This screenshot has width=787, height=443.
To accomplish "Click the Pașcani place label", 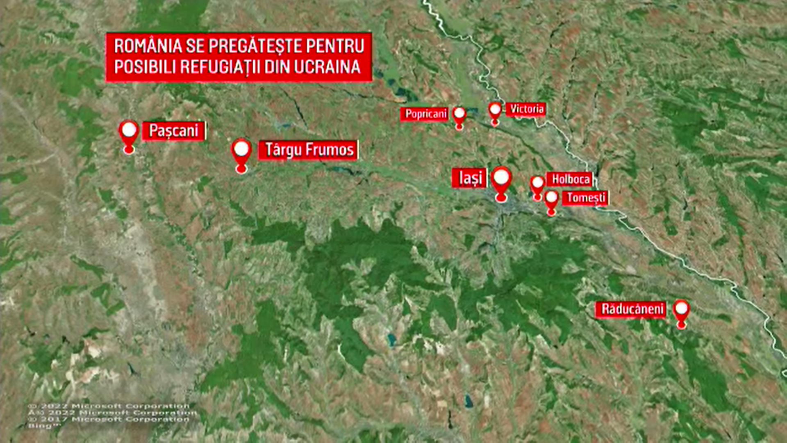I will pyautogui.click(x=173, y=131).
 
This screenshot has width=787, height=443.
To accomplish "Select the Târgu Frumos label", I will pyautogui.click(x=309, y=150).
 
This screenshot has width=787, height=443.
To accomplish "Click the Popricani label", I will pyautogui.click(x=425, y=114).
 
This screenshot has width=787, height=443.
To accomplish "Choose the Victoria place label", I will pyautogui.click(x=526, y=109).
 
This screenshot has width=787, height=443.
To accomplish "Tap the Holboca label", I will pyautogui.click(x=570, y=179).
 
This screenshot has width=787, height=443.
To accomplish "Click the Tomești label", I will pyautogui.click(x=586, y=198).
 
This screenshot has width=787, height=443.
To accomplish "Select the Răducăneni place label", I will pyautogui.click(x=632, y=309).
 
